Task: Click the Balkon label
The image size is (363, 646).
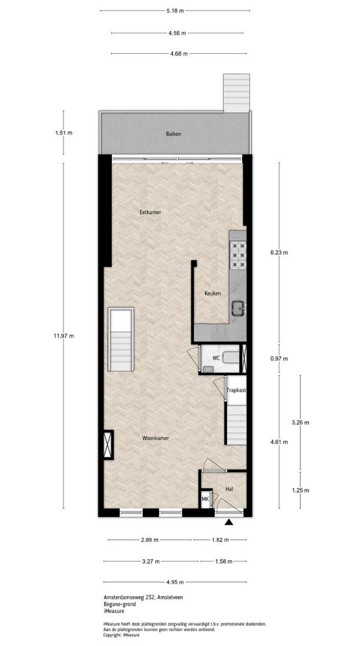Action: [x=173, y=133]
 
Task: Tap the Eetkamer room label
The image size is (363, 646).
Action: [x=150, y=212]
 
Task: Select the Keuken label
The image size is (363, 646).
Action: [x=213, y=293]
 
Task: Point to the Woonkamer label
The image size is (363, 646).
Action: [x=155, y=438]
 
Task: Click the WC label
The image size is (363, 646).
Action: [x=216, y=358]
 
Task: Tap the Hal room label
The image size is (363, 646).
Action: [x=230, y=489]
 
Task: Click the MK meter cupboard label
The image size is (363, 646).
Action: [x=205, y=499]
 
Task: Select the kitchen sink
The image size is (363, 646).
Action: [x=238, y=308]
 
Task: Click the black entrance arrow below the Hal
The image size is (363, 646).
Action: [x=229, y=522]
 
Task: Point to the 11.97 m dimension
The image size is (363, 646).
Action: [x=64, y=336]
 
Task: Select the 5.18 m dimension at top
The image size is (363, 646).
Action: [x=175, y=11]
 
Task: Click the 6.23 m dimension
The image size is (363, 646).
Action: [x=279, y=253]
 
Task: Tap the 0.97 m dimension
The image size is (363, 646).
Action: [x=279, y=358]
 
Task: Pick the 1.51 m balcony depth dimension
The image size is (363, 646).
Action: [x=63, y=133]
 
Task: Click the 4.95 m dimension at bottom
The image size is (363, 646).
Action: [x=175, y=582]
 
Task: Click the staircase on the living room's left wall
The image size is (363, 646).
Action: [x=121, y=340]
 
